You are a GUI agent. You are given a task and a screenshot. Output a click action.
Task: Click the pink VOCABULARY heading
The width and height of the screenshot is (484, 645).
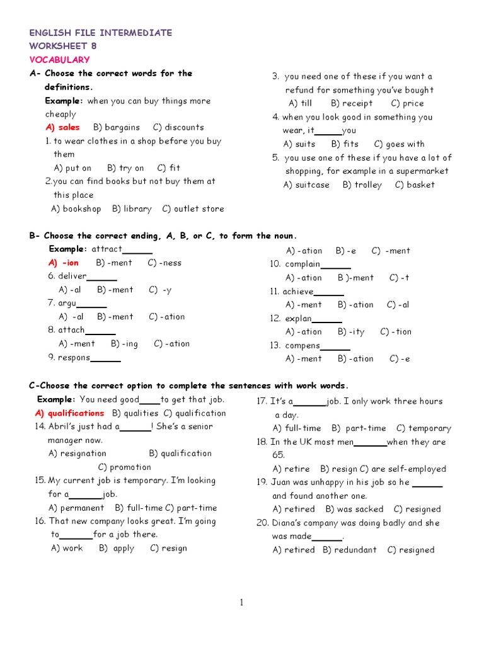pos(59,60)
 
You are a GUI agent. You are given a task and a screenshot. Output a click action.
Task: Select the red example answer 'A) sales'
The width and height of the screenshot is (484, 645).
pos(62,127)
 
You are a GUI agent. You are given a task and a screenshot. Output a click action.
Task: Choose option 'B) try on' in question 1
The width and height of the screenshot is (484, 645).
pos(125,168)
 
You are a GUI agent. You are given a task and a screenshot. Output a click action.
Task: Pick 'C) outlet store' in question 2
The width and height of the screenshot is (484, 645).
pos(193,209)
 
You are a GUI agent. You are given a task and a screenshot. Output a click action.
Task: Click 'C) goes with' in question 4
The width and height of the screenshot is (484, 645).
pos(400,144)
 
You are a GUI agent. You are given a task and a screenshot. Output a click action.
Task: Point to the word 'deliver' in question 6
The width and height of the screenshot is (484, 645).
pos(72,276)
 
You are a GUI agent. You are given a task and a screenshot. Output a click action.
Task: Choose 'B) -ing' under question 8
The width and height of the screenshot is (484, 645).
pos(124,344)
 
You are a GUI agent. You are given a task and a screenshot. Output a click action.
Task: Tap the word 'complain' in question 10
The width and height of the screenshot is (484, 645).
pos(302,265)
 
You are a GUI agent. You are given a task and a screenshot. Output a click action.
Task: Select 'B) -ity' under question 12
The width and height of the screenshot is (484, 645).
pos(351,332)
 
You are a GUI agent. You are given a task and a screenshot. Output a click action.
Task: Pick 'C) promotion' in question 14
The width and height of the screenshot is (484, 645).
pos(125,467)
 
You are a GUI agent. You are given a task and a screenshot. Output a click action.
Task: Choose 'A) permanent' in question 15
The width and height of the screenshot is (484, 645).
pos(76,508)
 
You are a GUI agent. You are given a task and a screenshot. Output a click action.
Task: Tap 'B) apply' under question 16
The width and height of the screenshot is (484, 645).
pos(117,549)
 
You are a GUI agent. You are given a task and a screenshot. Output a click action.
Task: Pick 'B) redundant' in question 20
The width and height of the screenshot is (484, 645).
pos(350,550)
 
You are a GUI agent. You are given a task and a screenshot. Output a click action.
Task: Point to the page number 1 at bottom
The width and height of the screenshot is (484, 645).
pos(241,603)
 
